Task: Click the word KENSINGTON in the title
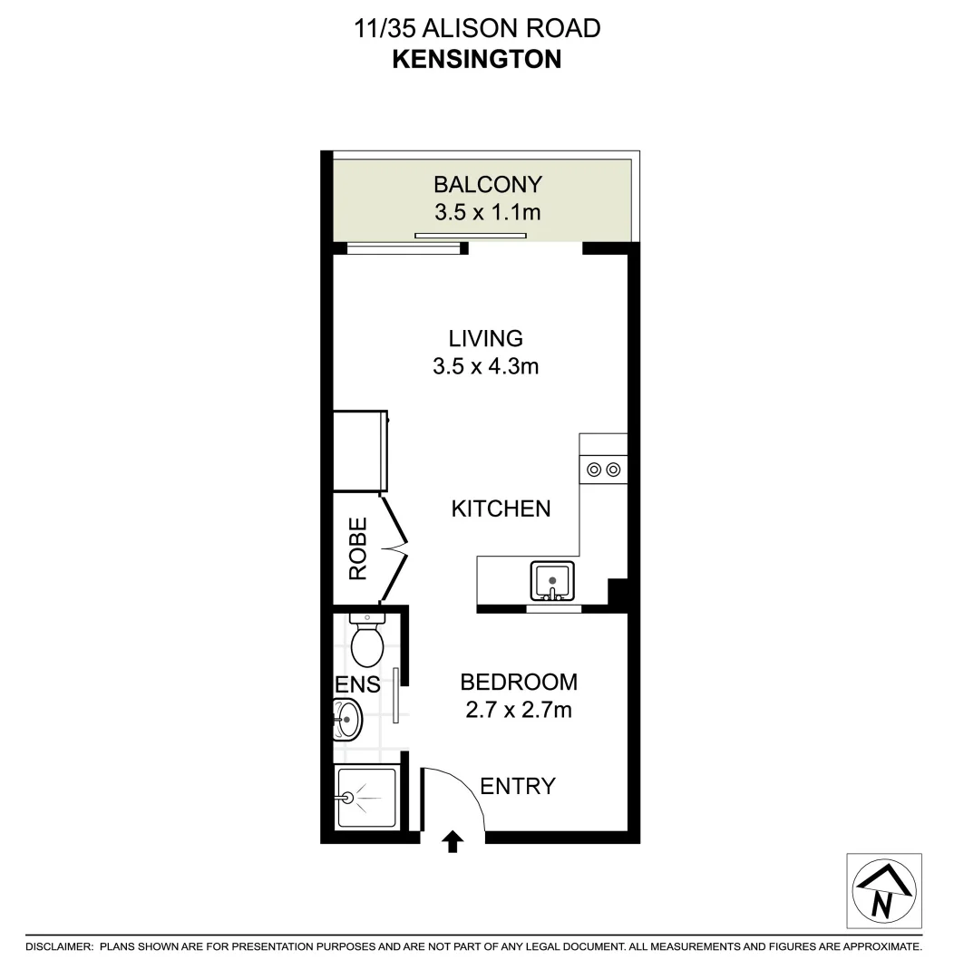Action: pos(476,59)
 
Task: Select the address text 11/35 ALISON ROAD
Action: pos(476,28)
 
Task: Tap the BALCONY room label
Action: pos(487,185)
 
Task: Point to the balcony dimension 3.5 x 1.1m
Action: pos(487,213)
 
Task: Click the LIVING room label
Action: pos(486,339)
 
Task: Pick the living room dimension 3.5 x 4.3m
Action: pos(487,367)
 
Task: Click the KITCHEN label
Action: pos(501,509)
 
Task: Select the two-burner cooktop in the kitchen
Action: pos(604,469)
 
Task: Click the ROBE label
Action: pos(358,548)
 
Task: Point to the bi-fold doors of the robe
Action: pos(395,548)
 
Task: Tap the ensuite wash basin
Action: pos(346,720)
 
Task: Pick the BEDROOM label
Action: pos(518,682)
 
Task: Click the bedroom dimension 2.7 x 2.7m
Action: pos(518,710)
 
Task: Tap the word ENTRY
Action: pos(517,786)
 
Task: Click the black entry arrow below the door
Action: pos(453,843)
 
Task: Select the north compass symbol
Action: pos(883,890)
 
